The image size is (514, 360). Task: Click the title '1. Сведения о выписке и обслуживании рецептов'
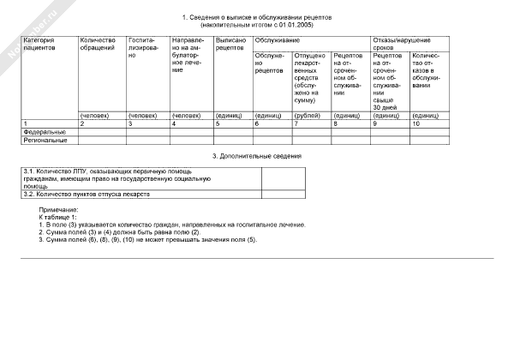(257, 17)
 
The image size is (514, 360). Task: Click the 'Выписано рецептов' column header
(230, 45)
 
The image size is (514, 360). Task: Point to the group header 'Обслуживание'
(275, 40)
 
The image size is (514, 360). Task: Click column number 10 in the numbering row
(416, 124)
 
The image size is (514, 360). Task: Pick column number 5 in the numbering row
(218, 124)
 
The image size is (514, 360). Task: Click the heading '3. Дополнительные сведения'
(257, 155)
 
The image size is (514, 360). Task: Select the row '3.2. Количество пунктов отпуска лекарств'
(87, 195)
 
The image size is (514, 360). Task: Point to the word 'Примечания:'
(58, 210)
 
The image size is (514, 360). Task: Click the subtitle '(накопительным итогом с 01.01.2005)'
(257, 26)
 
